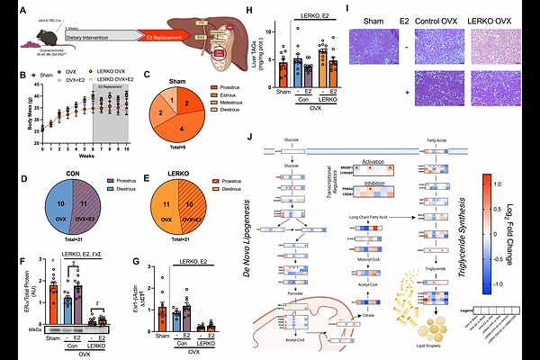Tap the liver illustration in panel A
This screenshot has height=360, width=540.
coord(220,31)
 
